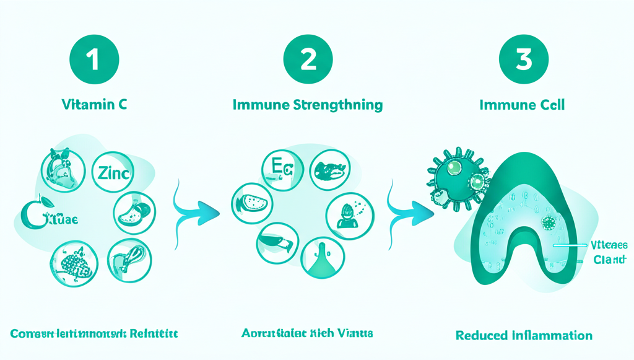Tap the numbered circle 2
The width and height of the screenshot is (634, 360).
tap(308, 60)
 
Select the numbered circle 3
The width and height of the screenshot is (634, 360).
tap(523, 60)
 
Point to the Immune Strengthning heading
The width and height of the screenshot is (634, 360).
tap(308, 105)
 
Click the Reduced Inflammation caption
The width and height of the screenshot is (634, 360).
tap(524, 335)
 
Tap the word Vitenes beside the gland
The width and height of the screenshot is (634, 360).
tap(609, 245)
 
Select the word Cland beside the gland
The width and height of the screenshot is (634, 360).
tap(609, 260)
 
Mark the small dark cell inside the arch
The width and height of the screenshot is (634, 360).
tap(548, 224)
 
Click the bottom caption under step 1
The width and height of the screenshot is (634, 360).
tap(94, 333)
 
